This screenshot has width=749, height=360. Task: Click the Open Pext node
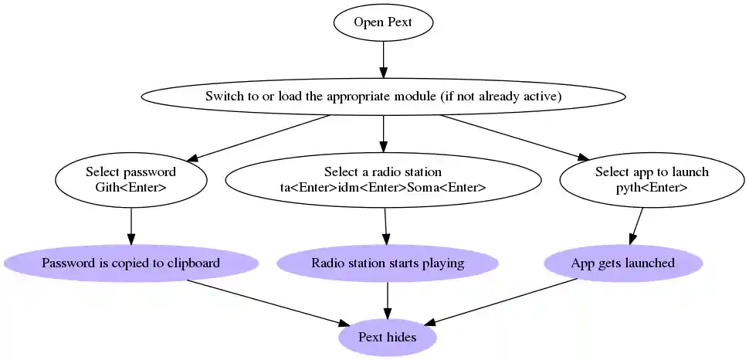coord(383,22)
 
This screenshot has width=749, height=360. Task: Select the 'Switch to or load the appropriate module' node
coord(383,97)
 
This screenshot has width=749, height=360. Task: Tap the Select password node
coord(130,179)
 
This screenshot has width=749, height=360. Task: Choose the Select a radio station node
coord(383,179)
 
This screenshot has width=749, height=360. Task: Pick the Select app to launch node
coord(652,179)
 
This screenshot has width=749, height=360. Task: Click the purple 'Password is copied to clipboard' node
coord(130,263)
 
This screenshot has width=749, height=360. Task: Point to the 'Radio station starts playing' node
coord(387,263)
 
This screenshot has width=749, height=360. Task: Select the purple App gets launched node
coord(622,263)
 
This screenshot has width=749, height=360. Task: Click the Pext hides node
coord(387,338)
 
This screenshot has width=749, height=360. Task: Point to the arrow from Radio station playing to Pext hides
coord(387,301)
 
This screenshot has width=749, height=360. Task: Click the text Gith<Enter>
coord(130,188)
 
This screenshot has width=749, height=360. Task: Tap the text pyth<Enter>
coord(652,188)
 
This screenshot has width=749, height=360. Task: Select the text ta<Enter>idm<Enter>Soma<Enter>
coord(383,188)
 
